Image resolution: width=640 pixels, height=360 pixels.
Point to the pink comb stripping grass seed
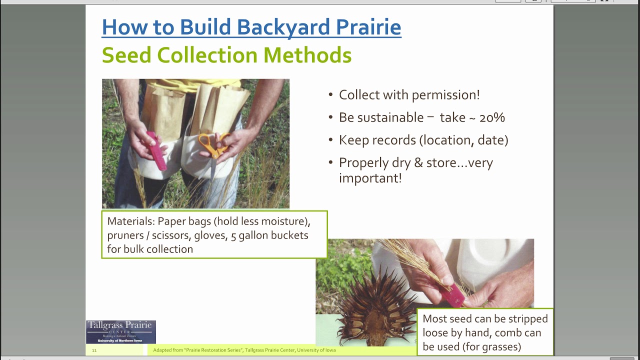[452, 295]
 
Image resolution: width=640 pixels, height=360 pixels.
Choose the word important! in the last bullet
[370, 178]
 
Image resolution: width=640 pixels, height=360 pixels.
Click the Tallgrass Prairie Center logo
[120, 331]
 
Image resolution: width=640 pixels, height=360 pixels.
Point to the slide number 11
[94, 350]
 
